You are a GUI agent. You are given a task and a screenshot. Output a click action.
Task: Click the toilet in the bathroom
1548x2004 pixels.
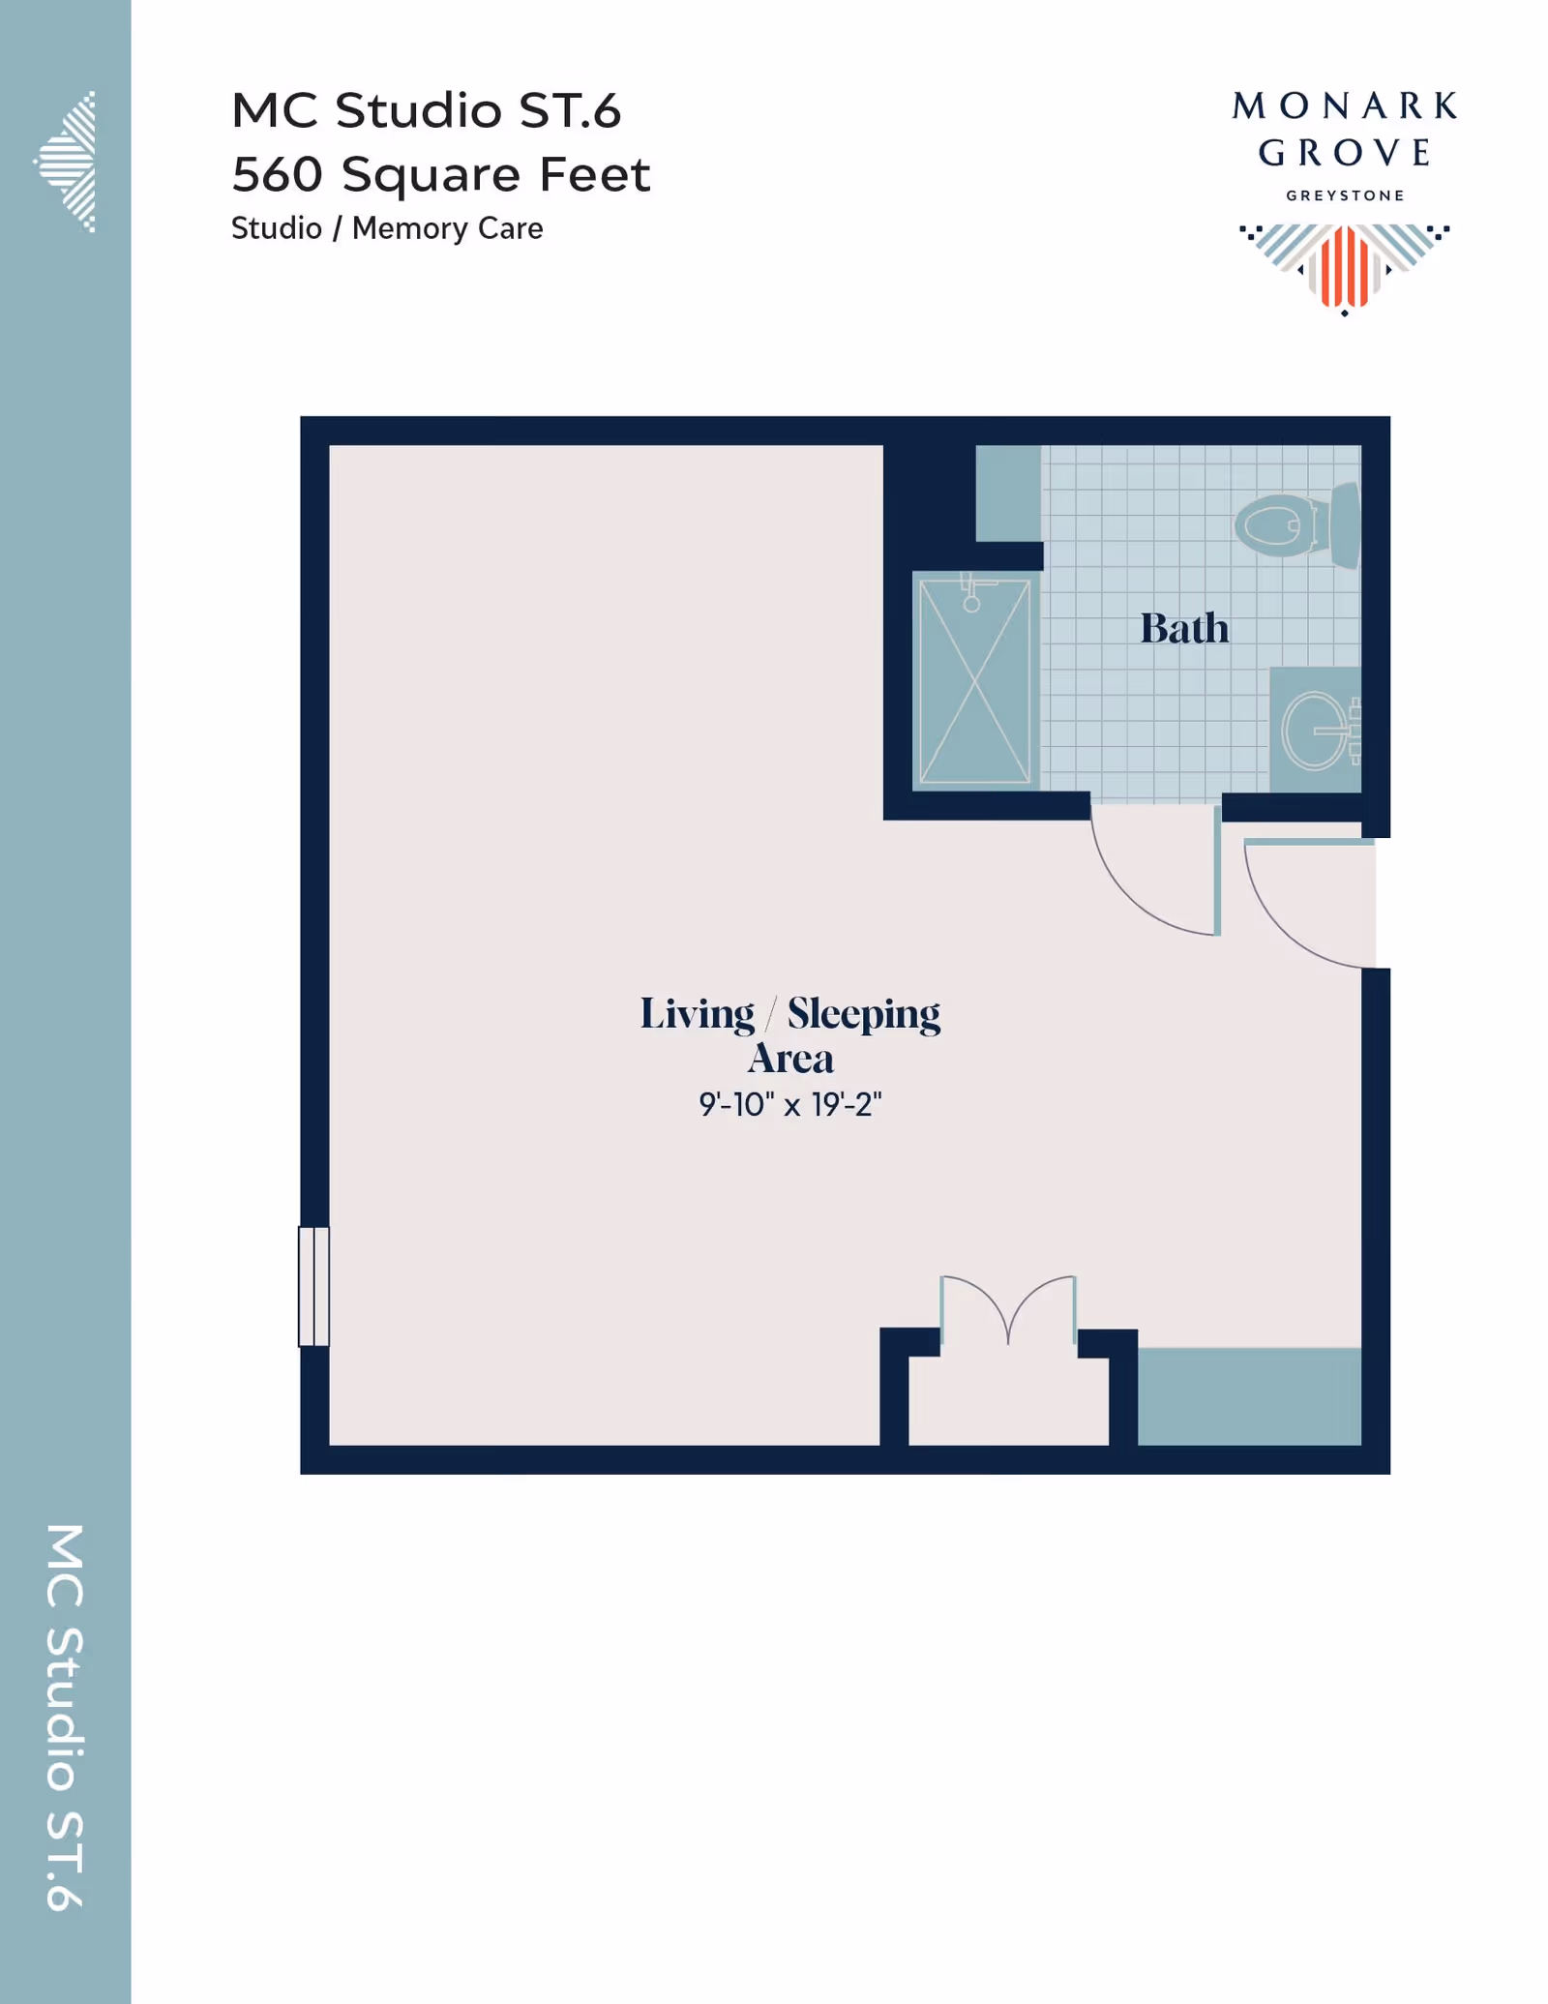click(1296, 525)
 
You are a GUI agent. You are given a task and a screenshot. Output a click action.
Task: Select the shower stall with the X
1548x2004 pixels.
click(974, 680)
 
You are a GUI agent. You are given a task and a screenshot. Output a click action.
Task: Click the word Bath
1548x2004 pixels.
click(1184, 628)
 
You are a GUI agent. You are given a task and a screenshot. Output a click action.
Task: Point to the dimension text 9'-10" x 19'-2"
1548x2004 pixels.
click(790, 1104)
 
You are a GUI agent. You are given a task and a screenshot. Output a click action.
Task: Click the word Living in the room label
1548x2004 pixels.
click(697, 1015)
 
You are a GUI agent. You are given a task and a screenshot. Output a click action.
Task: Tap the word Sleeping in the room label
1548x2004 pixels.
click(863, 1015)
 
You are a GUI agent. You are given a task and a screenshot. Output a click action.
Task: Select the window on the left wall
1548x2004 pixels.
click(313, 1286)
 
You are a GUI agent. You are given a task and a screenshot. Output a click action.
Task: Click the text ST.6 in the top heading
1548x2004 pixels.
click(570, 110)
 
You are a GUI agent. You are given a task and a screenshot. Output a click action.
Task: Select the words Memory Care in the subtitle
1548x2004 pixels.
click(447, 228)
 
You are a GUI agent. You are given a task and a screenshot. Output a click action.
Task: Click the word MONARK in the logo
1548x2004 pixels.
click(1344, 106)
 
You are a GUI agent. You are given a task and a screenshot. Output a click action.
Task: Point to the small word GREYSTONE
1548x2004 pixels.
click(1345, 195)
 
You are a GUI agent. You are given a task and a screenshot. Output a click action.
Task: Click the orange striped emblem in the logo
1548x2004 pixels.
click(1345, 266)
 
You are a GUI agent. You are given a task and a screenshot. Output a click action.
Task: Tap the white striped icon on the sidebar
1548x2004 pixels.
click(65, 162)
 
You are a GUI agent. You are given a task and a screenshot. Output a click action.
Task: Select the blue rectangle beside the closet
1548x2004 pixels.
click(1249, 1396)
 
